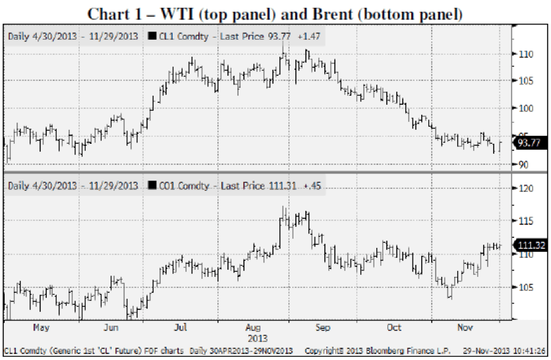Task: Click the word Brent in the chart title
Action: coord(332,14)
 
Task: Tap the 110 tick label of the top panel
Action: coord(526,55)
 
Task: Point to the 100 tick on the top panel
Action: coord(526,108)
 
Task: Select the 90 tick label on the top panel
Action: coord(523,165)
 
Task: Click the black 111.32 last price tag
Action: coord(531,245)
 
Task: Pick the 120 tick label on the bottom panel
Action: coord(526,189)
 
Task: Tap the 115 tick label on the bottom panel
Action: coord(526,221)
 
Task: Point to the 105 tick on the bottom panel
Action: coord(526,287)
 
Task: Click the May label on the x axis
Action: coord(42,328)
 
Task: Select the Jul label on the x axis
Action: coord(181,327)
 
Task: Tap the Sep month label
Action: coord(323,328)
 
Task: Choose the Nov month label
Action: coord(465,327)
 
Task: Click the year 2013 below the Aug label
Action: coord(258,338)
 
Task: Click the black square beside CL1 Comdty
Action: coord(152,36)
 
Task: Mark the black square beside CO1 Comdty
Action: coord(152,185)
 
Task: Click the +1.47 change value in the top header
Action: coord(309,36)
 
